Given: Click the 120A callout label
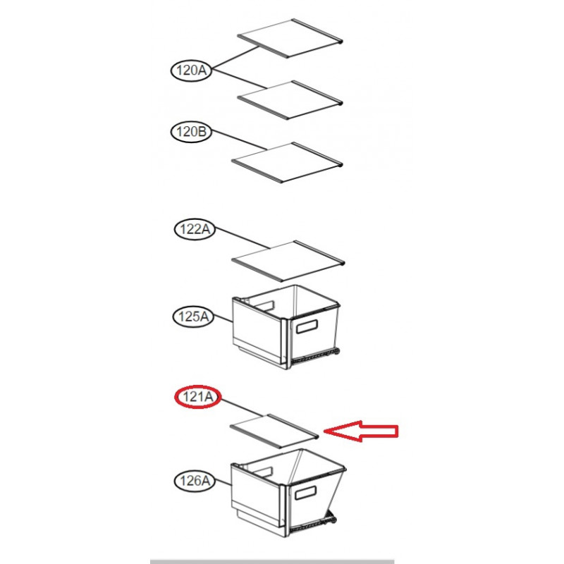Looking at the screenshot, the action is (x=191, y=70).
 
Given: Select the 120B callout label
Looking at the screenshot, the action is (x=191, y=132).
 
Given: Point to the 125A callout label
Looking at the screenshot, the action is (x=193, y=317).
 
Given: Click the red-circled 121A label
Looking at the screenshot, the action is (x=198, y=397).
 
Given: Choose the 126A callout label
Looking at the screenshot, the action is (x=195, y=481).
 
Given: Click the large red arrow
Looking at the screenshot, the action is (x=361, y=431).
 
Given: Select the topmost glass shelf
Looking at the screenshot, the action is (x=290, y=38).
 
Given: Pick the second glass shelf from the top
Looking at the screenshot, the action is (x=290, y=99).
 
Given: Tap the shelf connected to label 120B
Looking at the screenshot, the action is (x=287, y=162).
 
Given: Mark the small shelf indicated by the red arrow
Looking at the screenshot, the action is (x=274, y=431).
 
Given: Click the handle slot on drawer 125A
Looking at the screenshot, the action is (x=307, y=326).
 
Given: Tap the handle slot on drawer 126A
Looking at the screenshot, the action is (x=306, y=493).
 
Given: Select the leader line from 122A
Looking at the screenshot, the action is (x=243, y=238).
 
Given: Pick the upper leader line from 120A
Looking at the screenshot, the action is (x=235, y=58).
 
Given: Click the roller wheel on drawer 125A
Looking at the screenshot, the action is (x=337, y=351).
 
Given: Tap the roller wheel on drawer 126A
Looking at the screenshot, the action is (x=333, y=520).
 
